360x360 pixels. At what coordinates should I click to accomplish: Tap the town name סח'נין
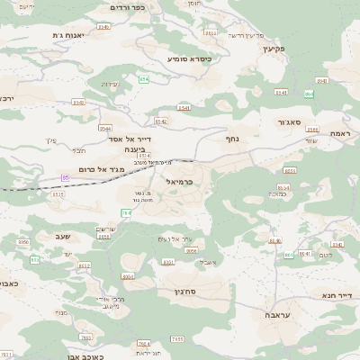183,292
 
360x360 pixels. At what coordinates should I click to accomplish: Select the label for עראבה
253,316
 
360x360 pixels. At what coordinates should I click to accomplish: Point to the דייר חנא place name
337,293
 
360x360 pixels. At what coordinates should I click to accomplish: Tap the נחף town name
232,139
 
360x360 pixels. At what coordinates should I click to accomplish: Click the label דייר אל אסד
129,139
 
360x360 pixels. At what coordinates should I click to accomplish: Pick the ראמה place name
340,133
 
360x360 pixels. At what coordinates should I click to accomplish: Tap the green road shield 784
126,213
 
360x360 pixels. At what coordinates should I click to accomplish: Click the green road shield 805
35,259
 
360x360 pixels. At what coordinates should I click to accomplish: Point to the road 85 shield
65,177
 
